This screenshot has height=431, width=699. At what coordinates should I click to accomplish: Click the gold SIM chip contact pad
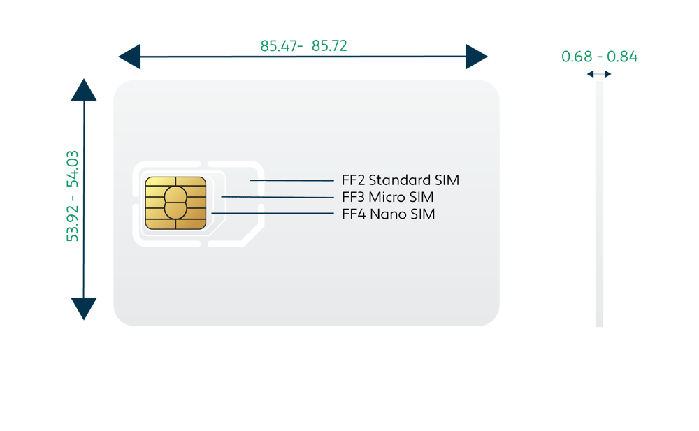[175, 203]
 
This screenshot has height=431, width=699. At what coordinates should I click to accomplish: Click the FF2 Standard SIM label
[401, 180]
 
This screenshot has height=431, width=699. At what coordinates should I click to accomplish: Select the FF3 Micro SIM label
[387, 197]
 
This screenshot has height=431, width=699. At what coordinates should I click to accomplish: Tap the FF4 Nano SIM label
[388, 214]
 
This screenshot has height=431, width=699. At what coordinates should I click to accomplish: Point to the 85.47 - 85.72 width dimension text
[303, 47]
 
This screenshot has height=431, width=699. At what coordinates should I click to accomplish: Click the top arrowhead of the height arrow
[84, 91]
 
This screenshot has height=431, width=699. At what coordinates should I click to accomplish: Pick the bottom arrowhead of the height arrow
[84, 307]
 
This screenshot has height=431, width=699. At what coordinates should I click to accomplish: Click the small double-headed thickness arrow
[599, 74]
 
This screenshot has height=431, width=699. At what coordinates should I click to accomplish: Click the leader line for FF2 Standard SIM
[294, 180]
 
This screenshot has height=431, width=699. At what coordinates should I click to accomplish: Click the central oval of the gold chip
[175, 203]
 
